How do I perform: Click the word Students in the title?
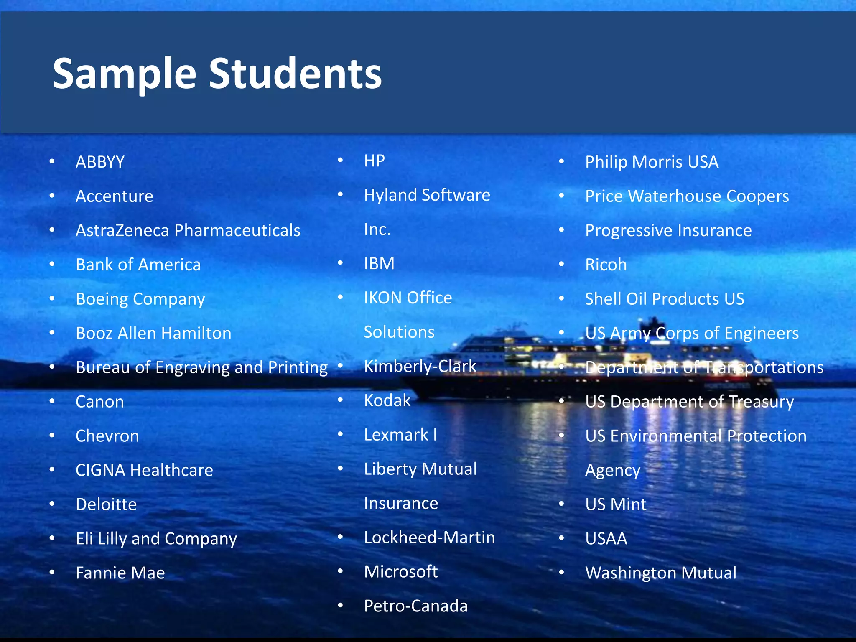point(295,74)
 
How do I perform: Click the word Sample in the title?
point(124,74)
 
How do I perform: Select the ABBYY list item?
point(100,162)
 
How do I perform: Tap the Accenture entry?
point(114,196)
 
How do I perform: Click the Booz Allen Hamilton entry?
point(153,334)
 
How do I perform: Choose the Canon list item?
point(99,402)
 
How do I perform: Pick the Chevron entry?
point(107,436)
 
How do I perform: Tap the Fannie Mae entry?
point(120,573)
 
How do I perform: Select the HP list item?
point(374,161)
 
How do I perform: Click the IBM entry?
point(379,264)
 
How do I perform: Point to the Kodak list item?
point(387,401)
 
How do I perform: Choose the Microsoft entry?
point(400,572)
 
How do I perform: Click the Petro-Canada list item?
point(415,606)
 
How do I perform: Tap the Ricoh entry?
point(606,265)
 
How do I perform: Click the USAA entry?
point(606,539)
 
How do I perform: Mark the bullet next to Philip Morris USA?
point(562,161)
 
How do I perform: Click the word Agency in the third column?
point(612,471)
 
